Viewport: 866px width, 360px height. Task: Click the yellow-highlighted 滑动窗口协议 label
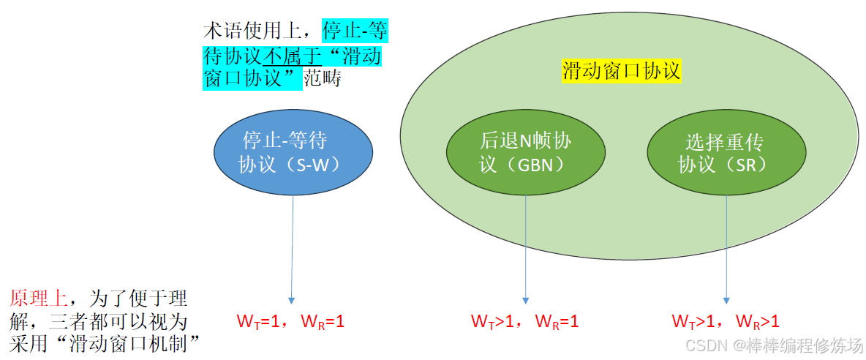(x=622, y=71)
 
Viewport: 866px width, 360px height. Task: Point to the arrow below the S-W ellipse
(x=293, y=249)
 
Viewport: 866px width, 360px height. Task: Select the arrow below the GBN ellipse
(x=525, y=249)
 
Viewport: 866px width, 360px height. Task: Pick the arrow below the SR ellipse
(x=726, y=249)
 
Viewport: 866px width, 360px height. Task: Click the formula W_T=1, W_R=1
(x=290, y=320)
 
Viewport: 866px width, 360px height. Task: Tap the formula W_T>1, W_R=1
(x=524, y=320)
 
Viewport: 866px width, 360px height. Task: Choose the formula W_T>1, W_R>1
(x=726, y=320)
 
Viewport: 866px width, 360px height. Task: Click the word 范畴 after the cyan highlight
(x=322, y=78)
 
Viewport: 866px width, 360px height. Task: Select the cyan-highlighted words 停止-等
(x=355, y=31)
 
